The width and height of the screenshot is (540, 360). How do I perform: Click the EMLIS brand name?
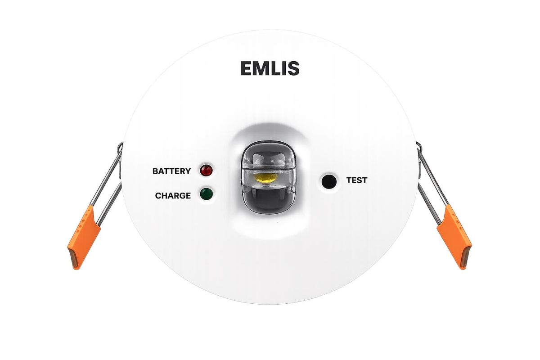270,68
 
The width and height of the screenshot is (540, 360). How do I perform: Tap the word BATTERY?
171,171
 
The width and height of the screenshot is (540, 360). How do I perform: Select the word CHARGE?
173,196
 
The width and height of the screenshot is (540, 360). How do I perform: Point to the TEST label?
357,180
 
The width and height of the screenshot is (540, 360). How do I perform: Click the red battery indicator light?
206,171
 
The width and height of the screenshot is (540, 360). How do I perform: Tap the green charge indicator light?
206,193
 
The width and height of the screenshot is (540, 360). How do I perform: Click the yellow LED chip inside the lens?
265,178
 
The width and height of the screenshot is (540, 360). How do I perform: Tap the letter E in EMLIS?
247,68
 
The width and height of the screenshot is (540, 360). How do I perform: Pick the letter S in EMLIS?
293,68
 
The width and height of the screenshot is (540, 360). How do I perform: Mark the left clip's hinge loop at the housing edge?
120,147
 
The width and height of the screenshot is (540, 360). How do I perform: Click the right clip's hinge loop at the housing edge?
418,147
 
